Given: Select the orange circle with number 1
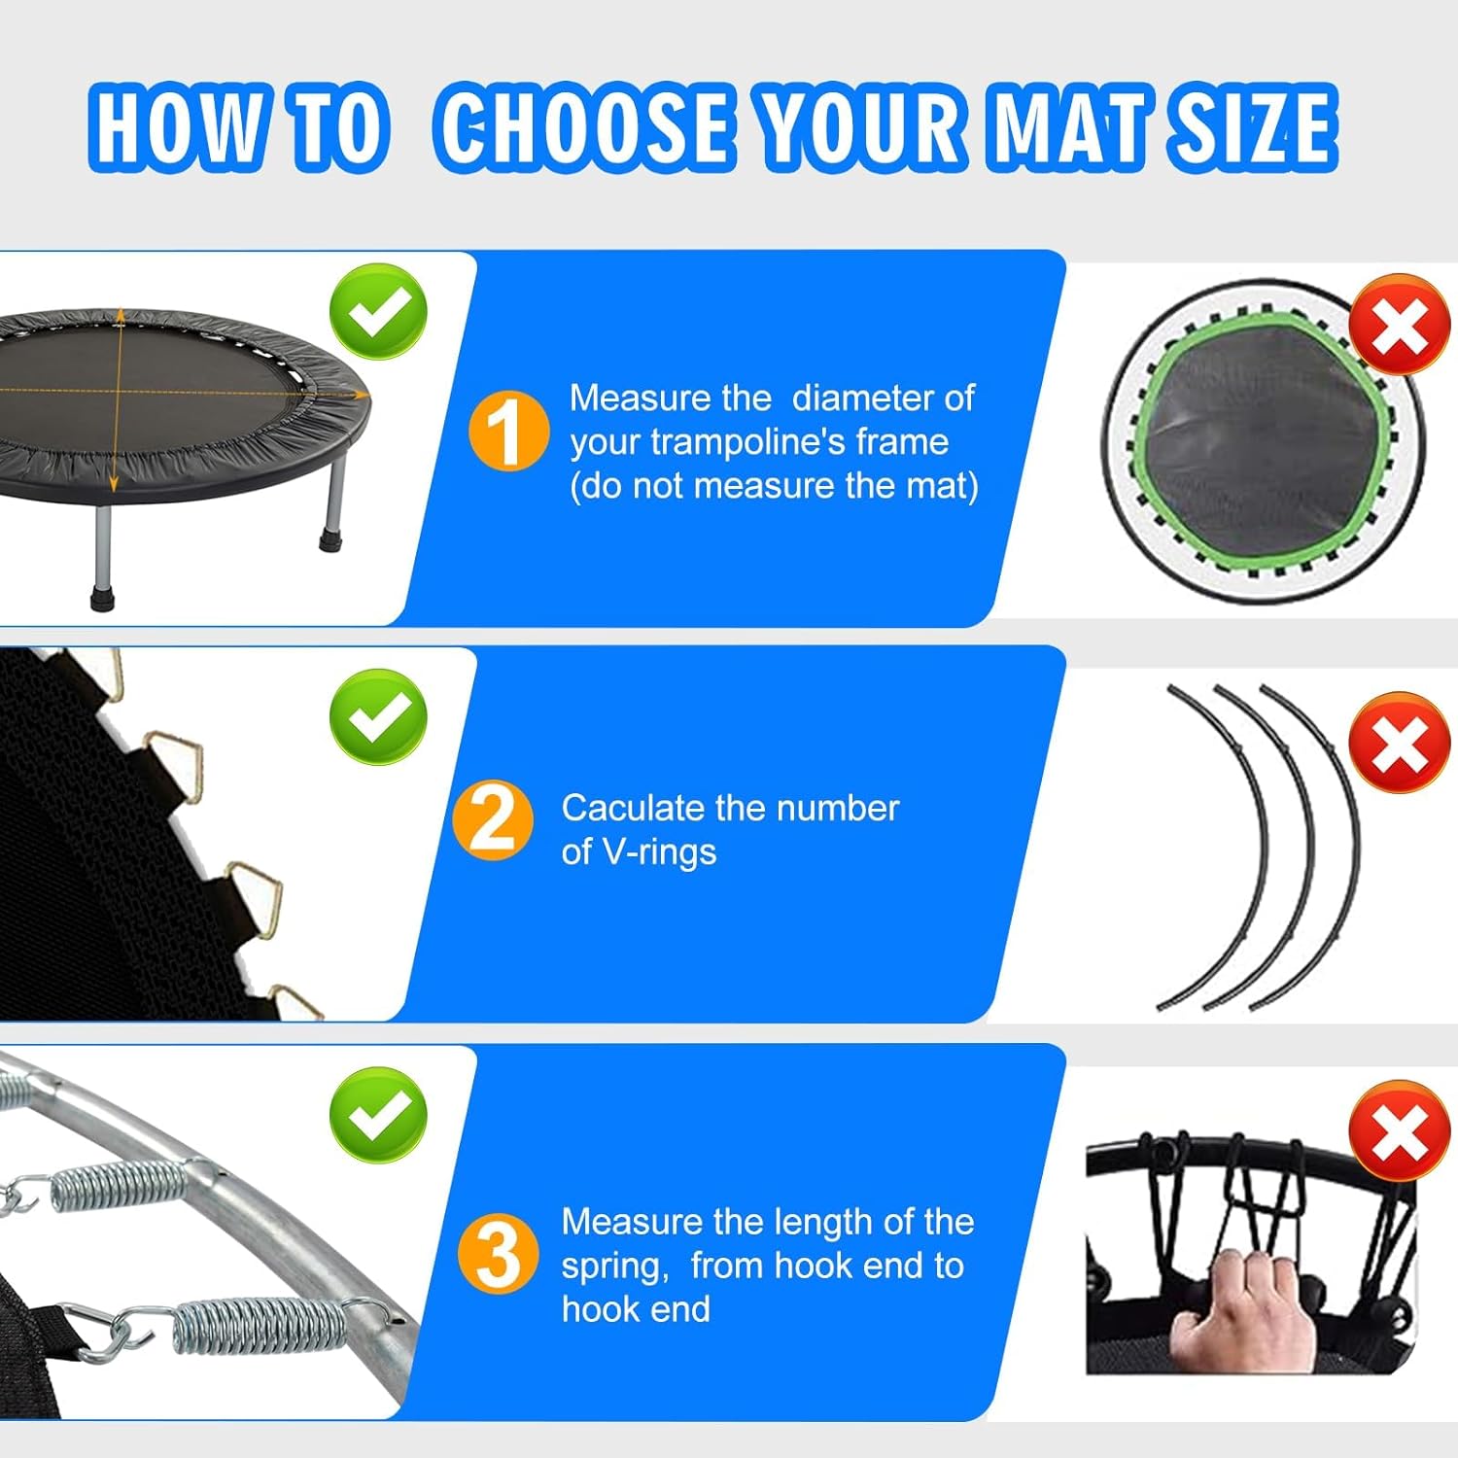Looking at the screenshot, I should [x=508, y=431].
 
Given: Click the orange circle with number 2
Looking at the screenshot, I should [x=493, y=820].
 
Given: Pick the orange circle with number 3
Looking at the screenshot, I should [x=497, y=1253].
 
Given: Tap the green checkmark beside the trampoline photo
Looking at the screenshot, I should [x=378, y=311].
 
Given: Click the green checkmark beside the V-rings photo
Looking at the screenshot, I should [x=378, y=716].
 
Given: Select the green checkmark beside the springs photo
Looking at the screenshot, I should [x=378, y=1114].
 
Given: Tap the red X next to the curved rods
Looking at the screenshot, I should [x=1400, y=743].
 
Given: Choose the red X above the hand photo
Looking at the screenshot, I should [x=1400, y=1130].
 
